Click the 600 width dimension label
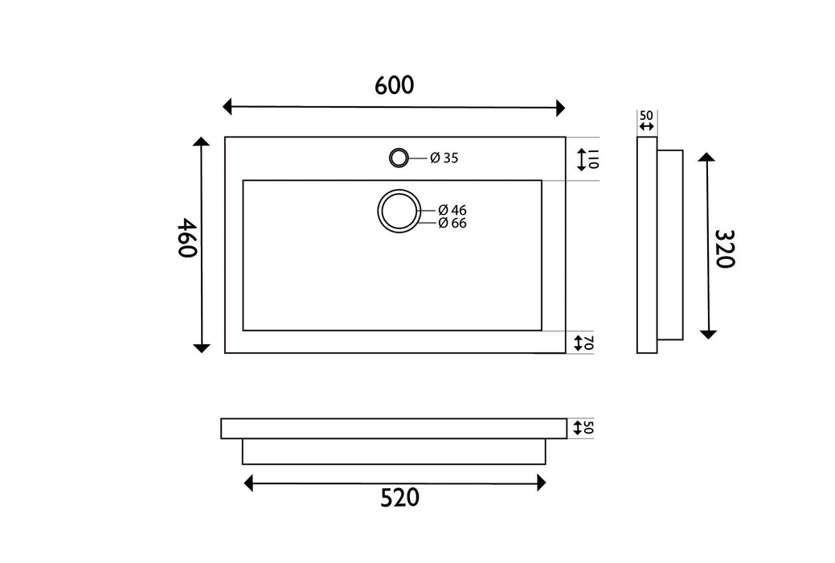tap(394, 85)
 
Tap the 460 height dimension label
tap(187, 238)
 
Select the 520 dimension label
tap(400, 497)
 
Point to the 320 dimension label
tap(725, 249)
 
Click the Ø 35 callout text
tap(444, 158)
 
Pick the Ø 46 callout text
tap(452, 210)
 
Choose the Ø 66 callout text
tap(452, 223)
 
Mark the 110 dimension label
tap(594, 159)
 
